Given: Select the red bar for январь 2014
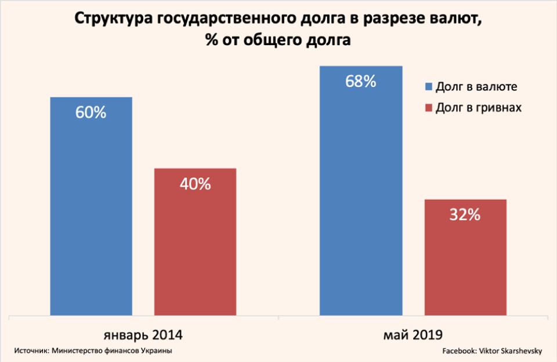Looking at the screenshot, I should (x=195, y=243).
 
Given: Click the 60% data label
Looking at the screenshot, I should (x=91, y=113).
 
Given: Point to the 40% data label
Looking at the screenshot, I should (x=195, y=185).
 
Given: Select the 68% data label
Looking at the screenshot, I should (x=361, y=82).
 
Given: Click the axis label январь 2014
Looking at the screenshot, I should (x=143, y=335).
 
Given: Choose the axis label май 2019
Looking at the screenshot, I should (x=414, y=335).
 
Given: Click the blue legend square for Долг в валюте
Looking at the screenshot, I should (x=429, y=87).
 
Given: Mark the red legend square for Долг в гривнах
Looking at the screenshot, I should (x=429, y=108).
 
